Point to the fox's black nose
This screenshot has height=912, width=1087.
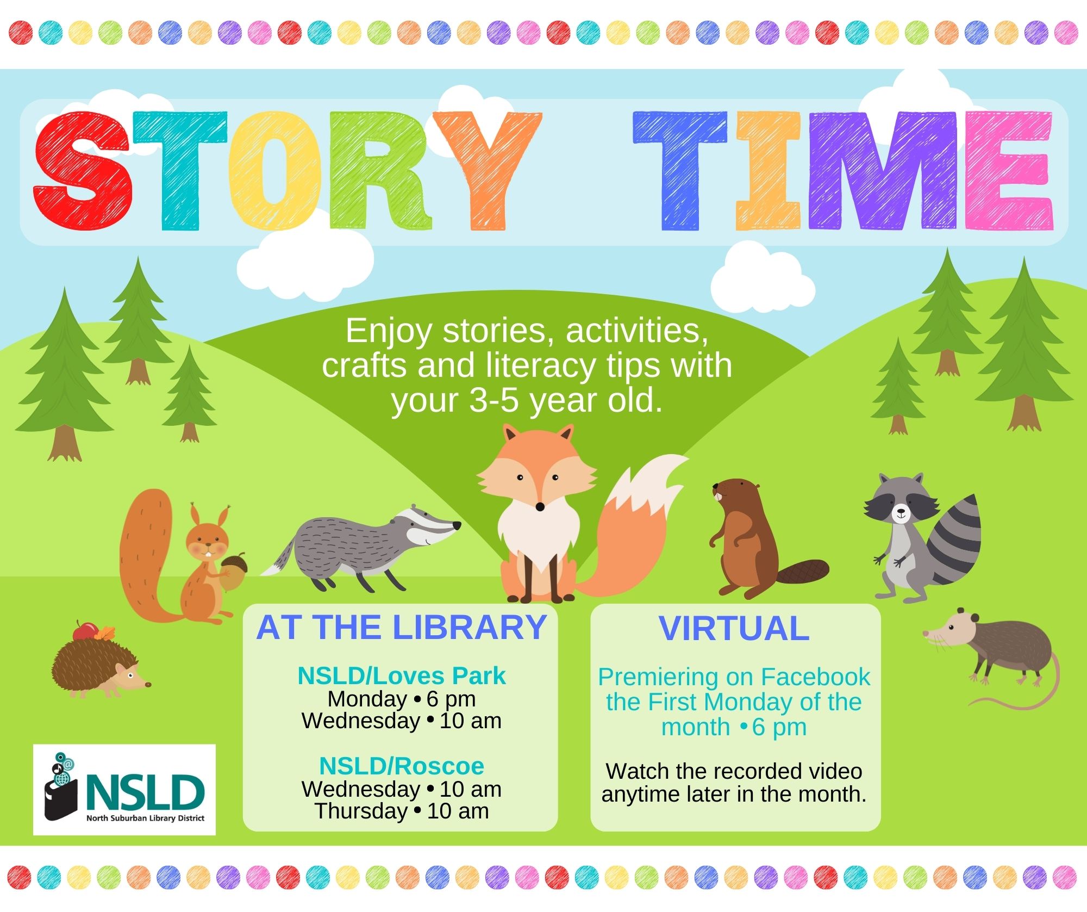click(x=540, y=507)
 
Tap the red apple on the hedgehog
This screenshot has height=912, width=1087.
click(x=85, y=631)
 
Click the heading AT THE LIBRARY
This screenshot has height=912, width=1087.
click(x=401, y=628)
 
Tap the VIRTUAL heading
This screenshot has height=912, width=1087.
click(x=734, y=629)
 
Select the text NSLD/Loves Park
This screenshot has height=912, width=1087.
click(x=402, y=676)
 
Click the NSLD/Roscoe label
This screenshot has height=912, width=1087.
click(x=402, y=766)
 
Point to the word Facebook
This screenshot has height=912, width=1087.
click(x=815, y=677)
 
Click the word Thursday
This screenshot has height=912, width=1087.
click(x=361, y=811)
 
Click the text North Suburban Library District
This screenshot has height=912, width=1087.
click(x=145, y=818)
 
